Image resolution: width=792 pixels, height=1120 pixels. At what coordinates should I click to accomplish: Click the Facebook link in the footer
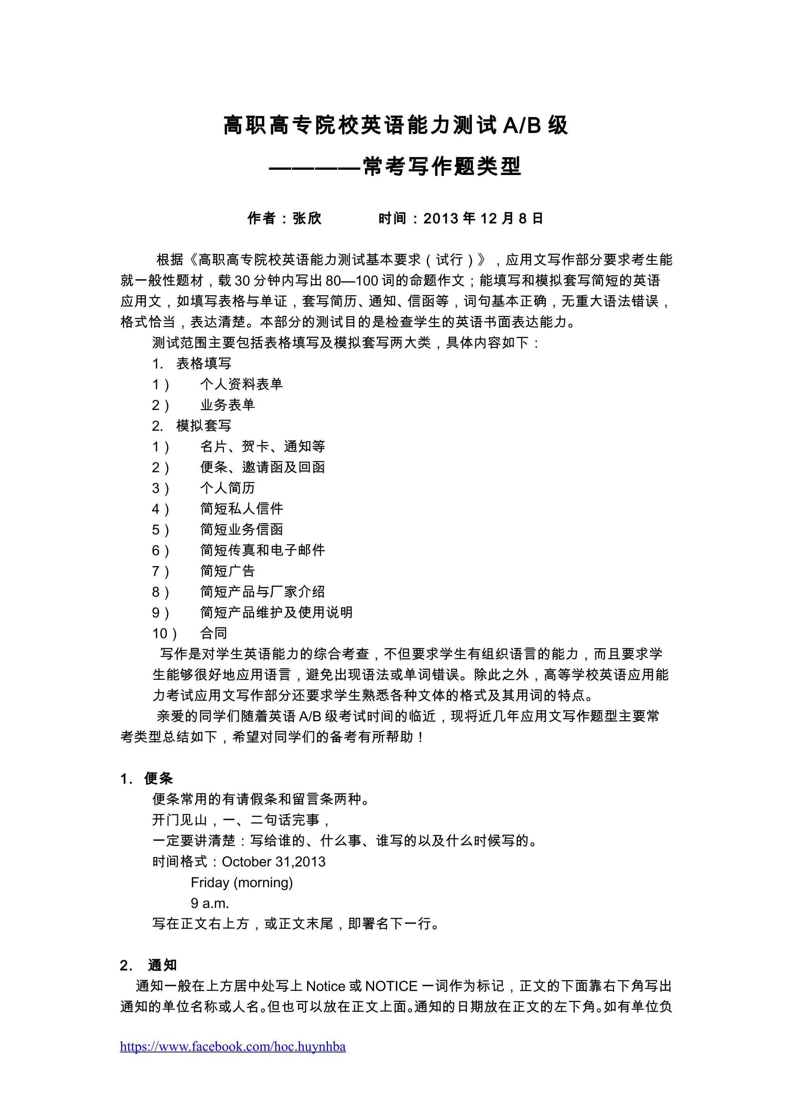233,1046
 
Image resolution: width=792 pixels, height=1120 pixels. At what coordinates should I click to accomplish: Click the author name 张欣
307,218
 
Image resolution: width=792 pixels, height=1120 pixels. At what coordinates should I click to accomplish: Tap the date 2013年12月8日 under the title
483,218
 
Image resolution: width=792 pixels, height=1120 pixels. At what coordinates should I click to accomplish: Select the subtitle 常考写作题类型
442,166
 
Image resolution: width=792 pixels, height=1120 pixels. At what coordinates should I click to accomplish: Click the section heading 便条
159,778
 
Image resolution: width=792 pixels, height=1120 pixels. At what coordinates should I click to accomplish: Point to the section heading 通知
162,965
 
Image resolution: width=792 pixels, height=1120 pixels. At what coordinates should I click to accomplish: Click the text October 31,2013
273,862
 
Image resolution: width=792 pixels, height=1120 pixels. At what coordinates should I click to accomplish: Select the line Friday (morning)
242,882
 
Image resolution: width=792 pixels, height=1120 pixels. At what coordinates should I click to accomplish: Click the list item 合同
214,633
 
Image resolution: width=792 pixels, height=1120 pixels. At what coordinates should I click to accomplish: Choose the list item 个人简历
227,488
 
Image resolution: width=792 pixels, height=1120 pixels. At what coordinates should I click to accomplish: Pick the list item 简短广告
227,571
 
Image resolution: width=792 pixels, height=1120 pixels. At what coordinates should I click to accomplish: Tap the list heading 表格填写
203,363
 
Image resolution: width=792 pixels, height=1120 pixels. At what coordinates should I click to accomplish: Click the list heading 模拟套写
203,426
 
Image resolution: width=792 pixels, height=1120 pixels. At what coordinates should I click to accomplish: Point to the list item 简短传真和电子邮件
263,550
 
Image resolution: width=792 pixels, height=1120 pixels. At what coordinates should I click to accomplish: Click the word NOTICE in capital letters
391,986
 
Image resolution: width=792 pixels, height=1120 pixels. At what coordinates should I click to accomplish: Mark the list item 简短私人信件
242,509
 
